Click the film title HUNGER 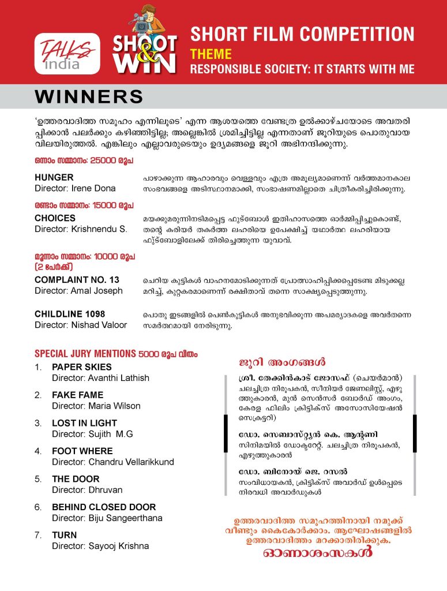click(54, 177)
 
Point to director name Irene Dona click(75, 188)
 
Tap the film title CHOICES click(55, 218)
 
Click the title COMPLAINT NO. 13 click(77, 279)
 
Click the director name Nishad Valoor click(81, 325)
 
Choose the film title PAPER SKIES click(82, 367)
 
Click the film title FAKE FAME click(78, 395)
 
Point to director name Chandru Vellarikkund click(112, 462)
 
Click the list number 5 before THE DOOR click(38, 479)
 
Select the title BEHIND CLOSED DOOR click(104, 507)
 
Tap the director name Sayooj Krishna click(100, 546)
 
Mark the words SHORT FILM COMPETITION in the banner click(302, 34)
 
